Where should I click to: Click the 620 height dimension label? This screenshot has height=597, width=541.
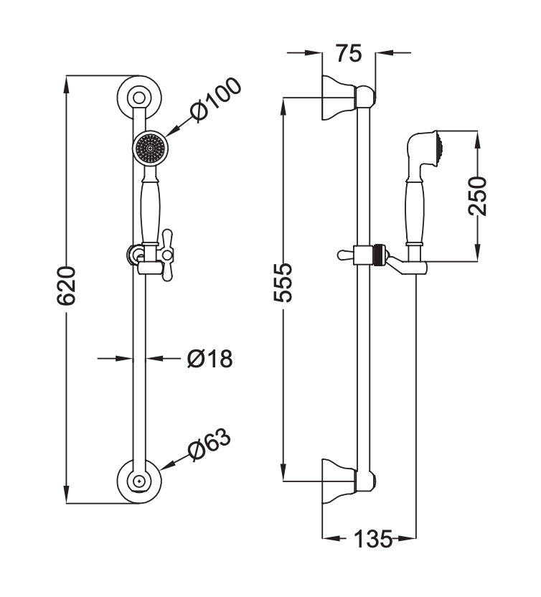pyautogui.click(x=67, y=286)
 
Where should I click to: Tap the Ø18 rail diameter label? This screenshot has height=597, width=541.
pyautogui.click(x=209, y=357)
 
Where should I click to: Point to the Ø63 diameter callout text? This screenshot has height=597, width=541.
pyautogui.click(x=209, y=446)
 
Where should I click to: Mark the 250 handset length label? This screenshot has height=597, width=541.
pyautogui.click(x=477, y=194)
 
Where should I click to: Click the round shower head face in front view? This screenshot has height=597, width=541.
pyautogui.click(x=149, y=149)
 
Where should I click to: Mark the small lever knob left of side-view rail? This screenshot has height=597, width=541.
pyautogui.click(x=344, y=253)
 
